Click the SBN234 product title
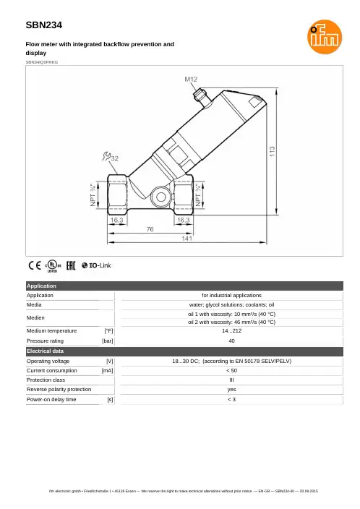pos(44,25)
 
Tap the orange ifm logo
pos(325,37)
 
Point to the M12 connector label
pos(191,80)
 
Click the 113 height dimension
pos(272,151)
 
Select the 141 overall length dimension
pos(187,239)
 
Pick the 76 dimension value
pos(150,229)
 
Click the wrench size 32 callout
pos(111,157)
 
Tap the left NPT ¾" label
pos(94,195)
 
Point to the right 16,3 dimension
pos(184,220)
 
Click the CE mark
pos(35,265)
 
